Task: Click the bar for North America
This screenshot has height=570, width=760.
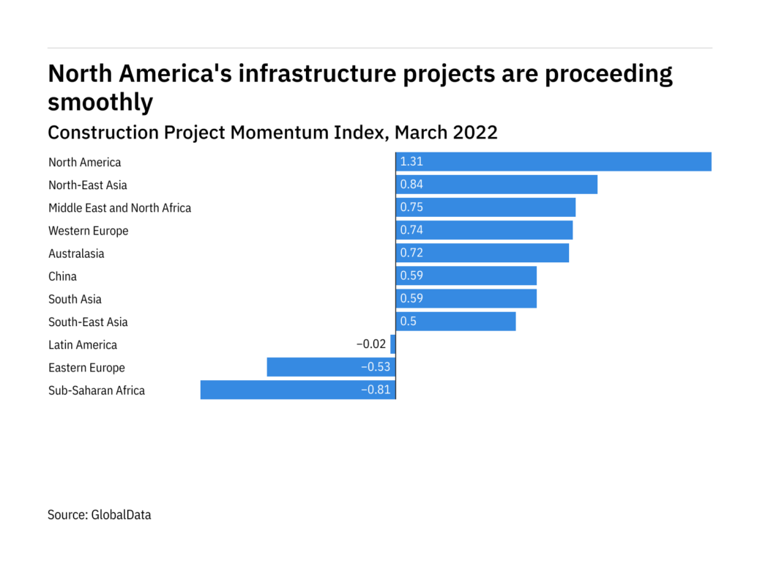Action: [554, 162]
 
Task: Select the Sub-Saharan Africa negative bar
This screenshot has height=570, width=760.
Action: [297, 390]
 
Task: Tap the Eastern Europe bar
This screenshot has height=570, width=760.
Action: [331, 367]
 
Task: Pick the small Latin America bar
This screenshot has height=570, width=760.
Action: [393, 344]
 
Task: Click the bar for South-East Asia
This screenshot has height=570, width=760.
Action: [455, 322]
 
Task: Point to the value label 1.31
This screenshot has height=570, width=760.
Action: [411, 162]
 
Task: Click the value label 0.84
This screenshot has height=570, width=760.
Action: [411, 185]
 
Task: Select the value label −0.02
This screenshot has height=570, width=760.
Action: [371, 344]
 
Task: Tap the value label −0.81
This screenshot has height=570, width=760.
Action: [376, 390]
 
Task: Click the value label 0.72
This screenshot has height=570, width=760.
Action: [411, 253]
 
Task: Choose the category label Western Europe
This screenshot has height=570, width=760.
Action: [88, 231]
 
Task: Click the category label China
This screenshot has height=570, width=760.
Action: [62, 276]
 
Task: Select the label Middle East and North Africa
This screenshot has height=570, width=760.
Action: [119, 208]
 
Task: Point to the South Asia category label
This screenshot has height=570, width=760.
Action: [75, 299]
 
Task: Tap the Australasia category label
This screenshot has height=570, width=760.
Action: [76, 253]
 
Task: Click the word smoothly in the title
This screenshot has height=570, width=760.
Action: [100, 103]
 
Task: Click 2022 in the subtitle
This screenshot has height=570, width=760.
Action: [475, 133]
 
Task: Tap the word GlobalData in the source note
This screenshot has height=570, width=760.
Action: [121, 515]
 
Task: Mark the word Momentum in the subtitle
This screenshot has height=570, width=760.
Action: [285, 133]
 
